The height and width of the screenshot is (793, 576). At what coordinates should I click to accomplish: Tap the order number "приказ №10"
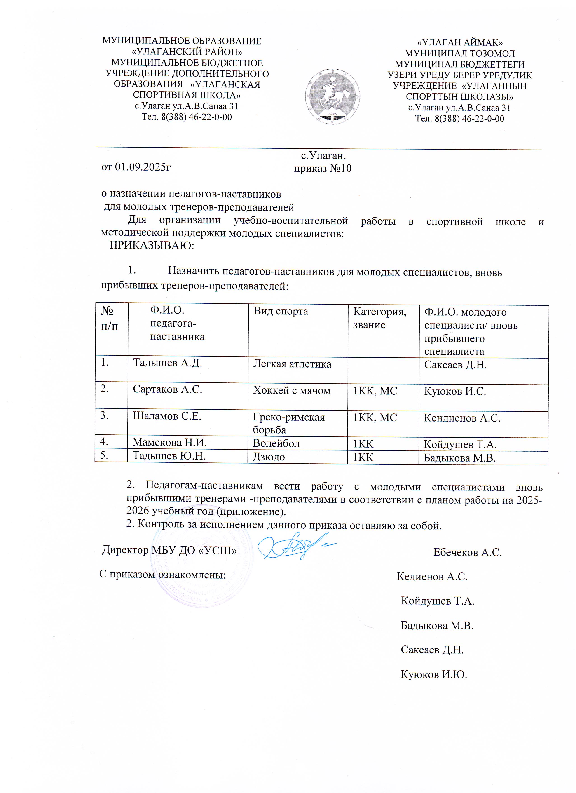(322, 169)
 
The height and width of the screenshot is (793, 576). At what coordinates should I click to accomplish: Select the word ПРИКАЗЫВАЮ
(152, 245)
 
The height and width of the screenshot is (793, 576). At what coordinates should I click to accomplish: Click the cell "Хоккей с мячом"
(291, 391)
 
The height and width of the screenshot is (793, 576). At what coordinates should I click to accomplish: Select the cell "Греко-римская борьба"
(289, 423)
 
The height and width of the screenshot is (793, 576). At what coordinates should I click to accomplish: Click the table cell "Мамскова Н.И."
(169, 443)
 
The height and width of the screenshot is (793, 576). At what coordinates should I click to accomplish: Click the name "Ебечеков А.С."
(467, 552)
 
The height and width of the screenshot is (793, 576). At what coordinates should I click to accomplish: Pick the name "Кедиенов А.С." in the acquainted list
(432, 577)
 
